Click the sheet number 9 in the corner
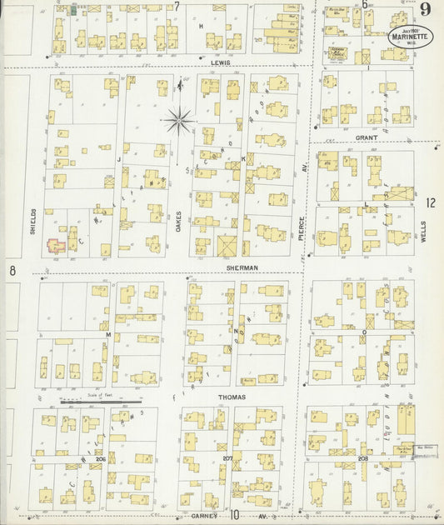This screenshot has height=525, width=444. click(425, 10)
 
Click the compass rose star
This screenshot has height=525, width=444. click(178, 122)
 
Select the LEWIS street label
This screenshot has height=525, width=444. click(220, 62)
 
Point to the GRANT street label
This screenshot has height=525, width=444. click(367, 137)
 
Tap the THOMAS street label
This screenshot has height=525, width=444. click(232, 397)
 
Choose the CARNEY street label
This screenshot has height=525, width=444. click(204, 515)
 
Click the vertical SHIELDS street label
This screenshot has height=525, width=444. click(32, 220)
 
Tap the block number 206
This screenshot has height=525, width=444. click(100, 458)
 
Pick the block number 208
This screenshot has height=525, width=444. click(362, 458)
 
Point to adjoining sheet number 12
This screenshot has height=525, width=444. click(430, 202)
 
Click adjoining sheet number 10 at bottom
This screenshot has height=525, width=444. click(235, 516)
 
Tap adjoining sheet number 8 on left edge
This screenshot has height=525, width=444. click(12, 271)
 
